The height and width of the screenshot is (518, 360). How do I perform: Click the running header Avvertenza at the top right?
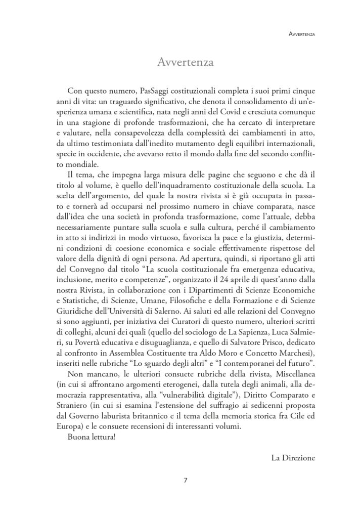click(301, 35)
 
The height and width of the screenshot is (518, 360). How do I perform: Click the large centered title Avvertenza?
click(179, 63)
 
